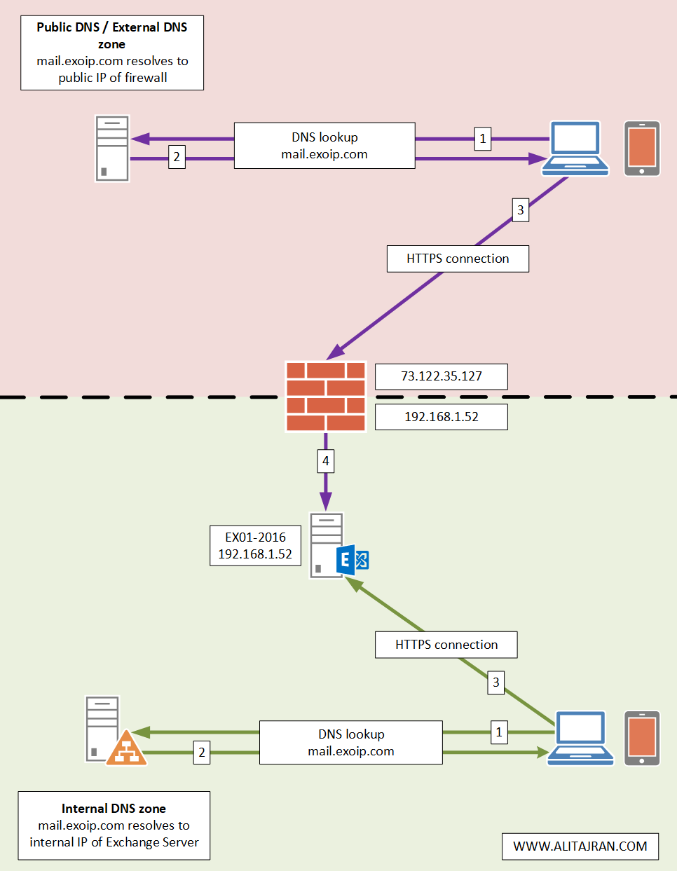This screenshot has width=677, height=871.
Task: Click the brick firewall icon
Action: pos(326,397)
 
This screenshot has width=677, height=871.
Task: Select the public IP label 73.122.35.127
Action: pos(441,376)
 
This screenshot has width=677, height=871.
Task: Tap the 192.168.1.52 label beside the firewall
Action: pos(441,417)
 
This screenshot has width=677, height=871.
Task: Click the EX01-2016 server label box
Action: pos(255,546)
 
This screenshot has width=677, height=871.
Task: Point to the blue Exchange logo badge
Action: pos(353,560)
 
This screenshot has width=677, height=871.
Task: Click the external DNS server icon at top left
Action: pos(112,149)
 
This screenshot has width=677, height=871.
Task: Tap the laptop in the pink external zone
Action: pos(576,148)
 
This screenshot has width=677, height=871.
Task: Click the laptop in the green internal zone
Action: pos(580,738)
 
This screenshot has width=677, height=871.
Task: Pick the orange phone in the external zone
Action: pos(642,149)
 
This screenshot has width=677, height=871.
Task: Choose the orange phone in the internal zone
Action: pos(642,739)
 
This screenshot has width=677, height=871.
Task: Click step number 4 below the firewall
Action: pos(325,461)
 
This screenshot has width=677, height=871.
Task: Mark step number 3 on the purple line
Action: pos(520,210)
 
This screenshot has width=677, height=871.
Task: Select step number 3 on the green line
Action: pos(495,682)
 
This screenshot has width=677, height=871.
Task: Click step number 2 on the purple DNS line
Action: pos(177,157)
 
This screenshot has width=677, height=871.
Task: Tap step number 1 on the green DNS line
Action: pos(498,732)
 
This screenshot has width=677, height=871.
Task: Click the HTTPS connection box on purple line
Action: pos(458,259)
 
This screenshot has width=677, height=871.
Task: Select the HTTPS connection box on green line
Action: pos(446,645)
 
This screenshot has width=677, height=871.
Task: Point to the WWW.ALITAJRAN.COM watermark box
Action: pos(580,846)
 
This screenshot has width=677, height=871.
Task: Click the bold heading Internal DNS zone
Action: pos(114,809)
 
